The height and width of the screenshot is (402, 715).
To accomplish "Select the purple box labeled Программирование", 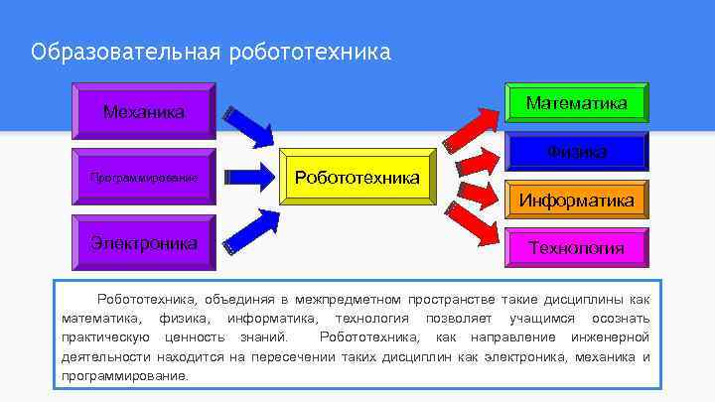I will point(144,178).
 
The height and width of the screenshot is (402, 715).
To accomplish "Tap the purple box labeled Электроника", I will point(144,242).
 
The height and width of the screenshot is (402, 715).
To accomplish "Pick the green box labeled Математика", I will point(577,103).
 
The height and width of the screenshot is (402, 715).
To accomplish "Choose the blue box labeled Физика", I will point(577,152).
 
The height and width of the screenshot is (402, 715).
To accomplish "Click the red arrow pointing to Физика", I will point(478,162).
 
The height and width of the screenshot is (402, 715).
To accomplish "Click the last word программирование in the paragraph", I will point(123,377).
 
